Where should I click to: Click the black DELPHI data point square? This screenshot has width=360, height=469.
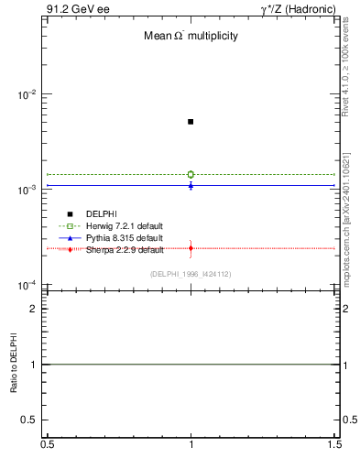point(191,121)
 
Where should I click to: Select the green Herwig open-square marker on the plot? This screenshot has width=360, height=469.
point(191,174)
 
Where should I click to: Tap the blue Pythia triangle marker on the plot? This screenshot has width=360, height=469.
point(191,185)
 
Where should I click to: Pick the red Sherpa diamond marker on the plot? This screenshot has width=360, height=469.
point(191,248)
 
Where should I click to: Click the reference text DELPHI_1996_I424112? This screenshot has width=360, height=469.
point(191,274)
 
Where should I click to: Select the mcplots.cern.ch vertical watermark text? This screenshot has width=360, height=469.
point(346,229)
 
